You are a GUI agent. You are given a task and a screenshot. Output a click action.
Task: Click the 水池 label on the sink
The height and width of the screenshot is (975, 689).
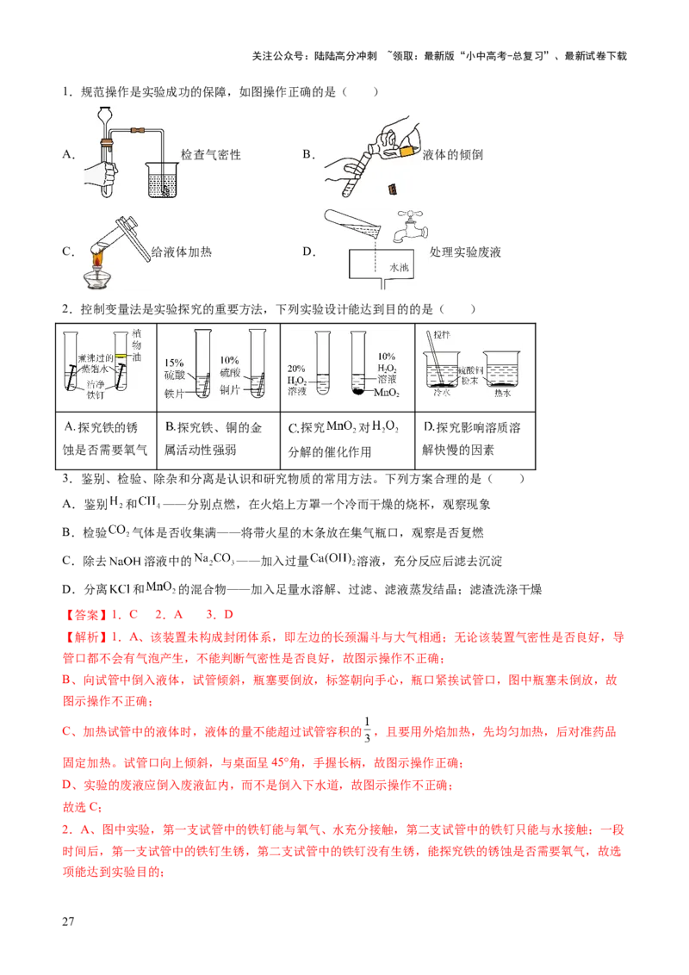tap(400, 269)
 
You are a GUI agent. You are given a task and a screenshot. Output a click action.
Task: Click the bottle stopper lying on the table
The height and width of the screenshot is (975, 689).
tap(393, 189)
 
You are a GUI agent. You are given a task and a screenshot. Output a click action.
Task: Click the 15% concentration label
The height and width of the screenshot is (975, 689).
tap(173, 362)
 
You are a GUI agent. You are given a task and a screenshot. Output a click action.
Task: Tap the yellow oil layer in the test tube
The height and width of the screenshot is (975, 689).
tap(122, 356)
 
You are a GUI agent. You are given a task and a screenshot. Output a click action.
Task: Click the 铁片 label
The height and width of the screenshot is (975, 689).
tap(175, 390)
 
